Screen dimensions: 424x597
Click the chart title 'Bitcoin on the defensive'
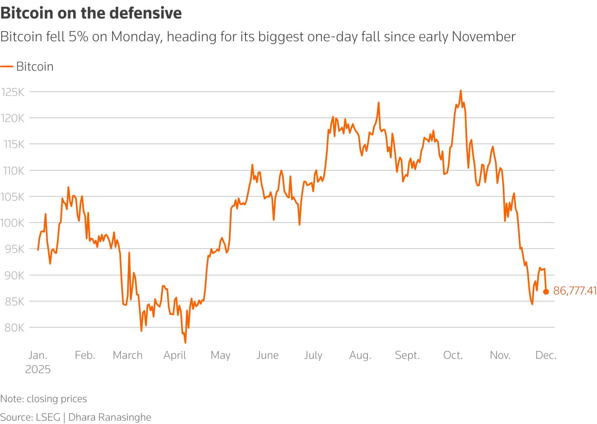point(91,13)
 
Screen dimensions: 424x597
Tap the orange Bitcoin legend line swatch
point(7,66)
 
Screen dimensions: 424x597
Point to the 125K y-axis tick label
point(13,92)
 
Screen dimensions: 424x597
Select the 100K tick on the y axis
point(13,223)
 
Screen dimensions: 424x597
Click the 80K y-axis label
point(14,328)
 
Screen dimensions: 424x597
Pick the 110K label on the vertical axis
point(13,171)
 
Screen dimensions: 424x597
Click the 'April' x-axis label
point(175,355)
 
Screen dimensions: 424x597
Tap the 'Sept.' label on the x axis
point(407,355)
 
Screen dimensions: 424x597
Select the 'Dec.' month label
point(546,355)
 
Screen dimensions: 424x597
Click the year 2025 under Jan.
point(38,370)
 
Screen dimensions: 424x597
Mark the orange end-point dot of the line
point(546,291)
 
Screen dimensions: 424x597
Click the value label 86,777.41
point(575,291)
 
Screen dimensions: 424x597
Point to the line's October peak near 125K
point(460,90)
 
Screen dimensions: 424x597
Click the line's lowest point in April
point(185,342)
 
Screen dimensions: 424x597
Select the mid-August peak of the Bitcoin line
point(378,103)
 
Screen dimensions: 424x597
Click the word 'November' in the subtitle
point(483,37)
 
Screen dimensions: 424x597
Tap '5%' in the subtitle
point(79,37)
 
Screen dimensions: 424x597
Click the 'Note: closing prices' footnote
point(44,399)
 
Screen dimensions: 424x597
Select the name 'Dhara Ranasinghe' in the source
point(110,417)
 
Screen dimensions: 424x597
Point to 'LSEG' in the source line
point(48,417)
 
